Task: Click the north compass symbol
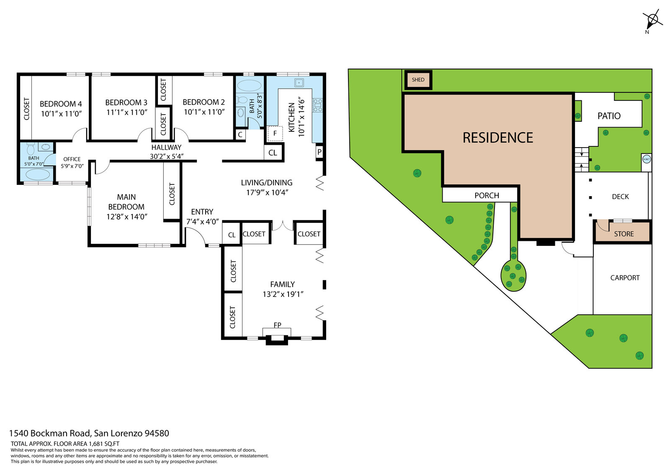tap(652, 20)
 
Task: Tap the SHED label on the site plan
tap(418, 80)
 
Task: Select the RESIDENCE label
tap(498, 138)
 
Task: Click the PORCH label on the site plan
tap(487, 195)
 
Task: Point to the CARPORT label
tap(625, 278)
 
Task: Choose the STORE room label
tap(624, 234)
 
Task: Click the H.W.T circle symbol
tap(647, 159)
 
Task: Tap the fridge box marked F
tap(275, 133)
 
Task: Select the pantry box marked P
tap(319, 152)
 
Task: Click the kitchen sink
tap(299, 82)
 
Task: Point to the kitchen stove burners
tap(318, 105)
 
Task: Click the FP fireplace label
tap(277, 325)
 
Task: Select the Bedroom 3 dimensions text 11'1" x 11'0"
tap(127, 112)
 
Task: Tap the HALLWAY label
tap(166, 147)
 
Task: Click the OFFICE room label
tap(72, 159)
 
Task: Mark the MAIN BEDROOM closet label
tap(172, 194)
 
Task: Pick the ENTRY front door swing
tap(195, 236)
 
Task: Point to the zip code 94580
tap(157, 433)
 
